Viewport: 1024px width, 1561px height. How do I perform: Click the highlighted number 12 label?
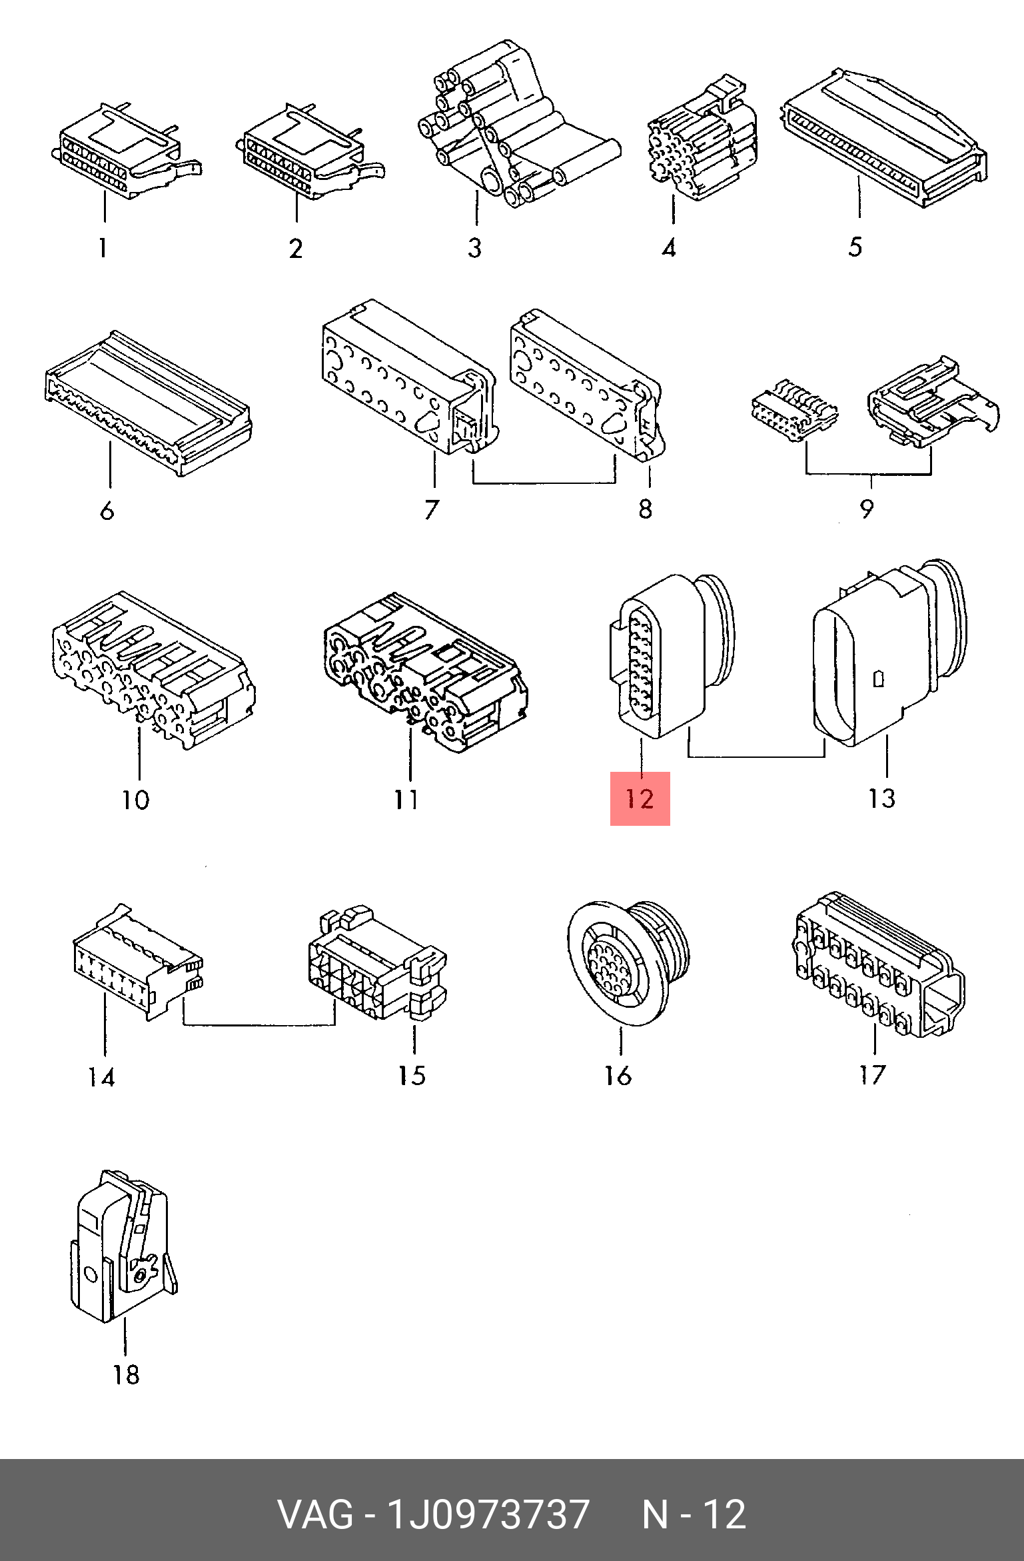click(640, 798)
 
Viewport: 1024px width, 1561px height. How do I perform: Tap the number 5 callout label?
click(855, 247)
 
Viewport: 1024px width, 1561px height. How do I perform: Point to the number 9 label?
click(866, 509)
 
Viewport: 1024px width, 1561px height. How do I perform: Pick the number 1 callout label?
click(103, 248)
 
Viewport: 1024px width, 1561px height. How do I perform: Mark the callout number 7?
click(432, 509)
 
